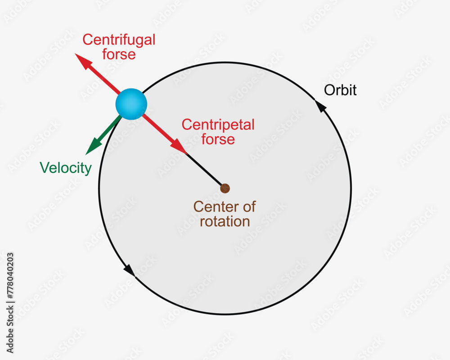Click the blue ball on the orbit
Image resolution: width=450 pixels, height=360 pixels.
click(x=131, y=104)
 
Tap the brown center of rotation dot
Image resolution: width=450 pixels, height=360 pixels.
click(x=225, y=188)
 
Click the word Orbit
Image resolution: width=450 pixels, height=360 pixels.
click(x=340, y=90)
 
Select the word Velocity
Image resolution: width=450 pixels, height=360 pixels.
click(x=66, y=168)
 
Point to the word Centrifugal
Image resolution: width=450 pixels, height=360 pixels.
click(x=119, y=40)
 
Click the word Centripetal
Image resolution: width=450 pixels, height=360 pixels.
click(x=218, y=125)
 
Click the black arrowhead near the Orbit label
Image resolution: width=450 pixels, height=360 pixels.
click(x=320, y=106)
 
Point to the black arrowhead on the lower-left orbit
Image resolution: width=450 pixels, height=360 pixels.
click(x=129, y=270)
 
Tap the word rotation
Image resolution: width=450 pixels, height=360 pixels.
click(x=225, y=221)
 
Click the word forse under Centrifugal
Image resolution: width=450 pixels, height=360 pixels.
click(x=119, y=54)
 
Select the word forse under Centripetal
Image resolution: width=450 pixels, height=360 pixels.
click(x=218, y=139)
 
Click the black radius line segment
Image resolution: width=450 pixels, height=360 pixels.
click(x=205, y=170)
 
